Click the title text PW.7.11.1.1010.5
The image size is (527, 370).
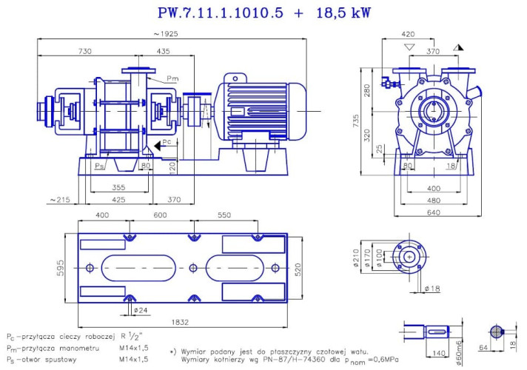tap(221, 13)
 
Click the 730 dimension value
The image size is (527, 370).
tap(86, 50)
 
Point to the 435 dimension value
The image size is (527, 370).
tap(164, 50)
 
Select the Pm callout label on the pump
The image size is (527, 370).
tap(172, 78)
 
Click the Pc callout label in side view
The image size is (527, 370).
tap(167, 141)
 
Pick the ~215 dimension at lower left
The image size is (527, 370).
tap(63, 200)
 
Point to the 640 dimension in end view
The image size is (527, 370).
tap(433, 213)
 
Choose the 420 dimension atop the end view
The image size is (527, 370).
tap(429, 34)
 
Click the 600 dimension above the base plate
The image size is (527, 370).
tap(161, 215)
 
